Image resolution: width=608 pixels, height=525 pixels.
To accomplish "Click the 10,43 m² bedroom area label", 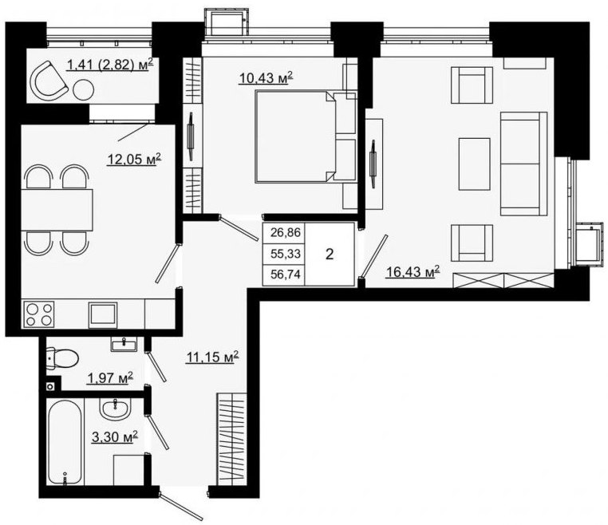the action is [x=266, y=78].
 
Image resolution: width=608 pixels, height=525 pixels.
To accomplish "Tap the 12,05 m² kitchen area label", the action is [x=134, y=159].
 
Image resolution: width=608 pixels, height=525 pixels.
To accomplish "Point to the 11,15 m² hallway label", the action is [x=212, y=357].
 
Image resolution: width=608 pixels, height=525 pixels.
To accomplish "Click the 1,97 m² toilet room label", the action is [x=111, y=377].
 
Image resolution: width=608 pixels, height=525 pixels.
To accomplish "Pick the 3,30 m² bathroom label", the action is [x=115, y=437].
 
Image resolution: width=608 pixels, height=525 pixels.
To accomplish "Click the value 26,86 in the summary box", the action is [x=286, y=233].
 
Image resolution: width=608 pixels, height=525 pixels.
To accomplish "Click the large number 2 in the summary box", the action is [x=330, y=255].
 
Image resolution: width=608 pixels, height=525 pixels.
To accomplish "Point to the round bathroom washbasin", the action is [x=116, y=410].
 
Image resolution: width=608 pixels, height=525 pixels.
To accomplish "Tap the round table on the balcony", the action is [x=83, y=90].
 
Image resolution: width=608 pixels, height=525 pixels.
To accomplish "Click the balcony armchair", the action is [x=49, y=81].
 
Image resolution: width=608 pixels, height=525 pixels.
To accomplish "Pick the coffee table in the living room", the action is [x=474, y=164].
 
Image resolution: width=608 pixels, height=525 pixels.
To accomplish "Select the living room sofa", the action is [x=523, y=164].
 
